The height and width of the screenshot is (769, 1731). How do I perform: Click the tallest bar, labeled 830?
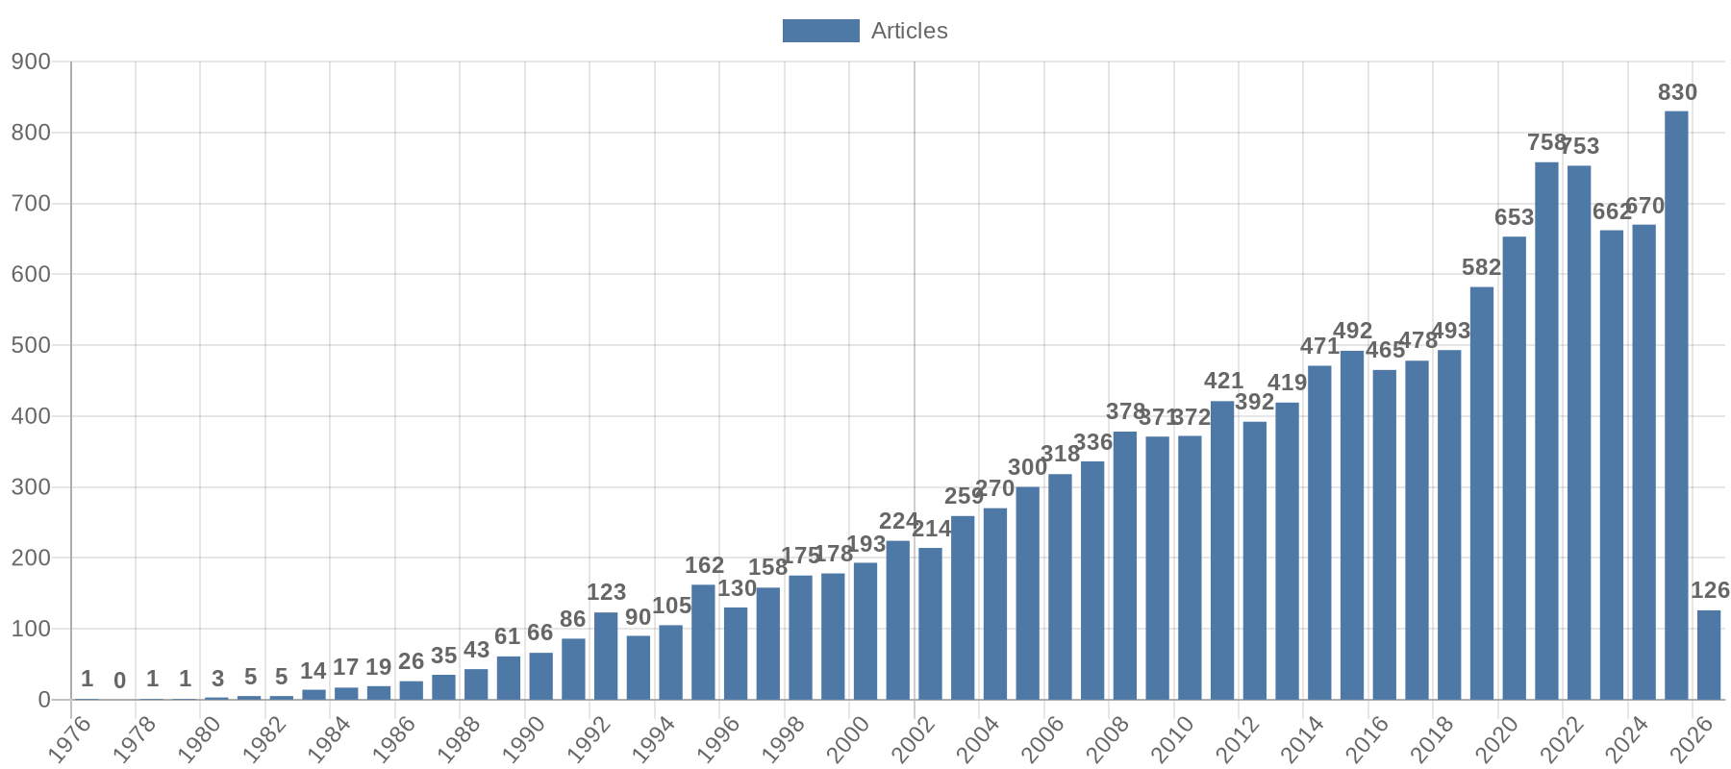point(1676,404)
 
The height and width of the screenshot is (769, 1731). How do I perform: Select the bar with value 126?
point(1709,655)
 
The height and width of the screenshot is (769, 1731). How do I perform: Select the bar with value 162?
point(703,641)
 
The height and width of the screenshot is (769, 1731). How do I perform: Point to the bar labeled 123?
point(606,656)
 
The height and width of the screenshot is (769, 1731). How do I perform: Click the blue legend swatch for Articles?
point(820,31)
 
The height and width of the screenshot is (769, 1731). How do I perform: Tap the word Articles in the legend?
point(909,31)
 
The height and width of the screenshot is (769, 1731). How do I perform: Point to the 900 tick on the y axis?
point(31,62)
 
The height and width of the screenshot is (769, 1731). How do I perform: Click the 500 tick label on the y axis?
point(31,345)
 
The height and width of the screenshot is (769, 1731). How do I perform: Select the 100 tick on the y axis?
point(31,629)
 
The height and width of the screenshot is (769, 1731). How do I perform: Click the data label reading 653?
point(1514,217)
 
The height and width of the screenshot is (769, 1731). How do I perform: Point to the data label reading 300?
point(1027,467)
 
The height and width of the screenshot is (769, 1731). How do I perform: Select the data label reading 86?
point(573,619)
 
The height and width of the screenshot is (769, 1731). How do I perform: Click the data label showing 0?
point(119,681)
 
